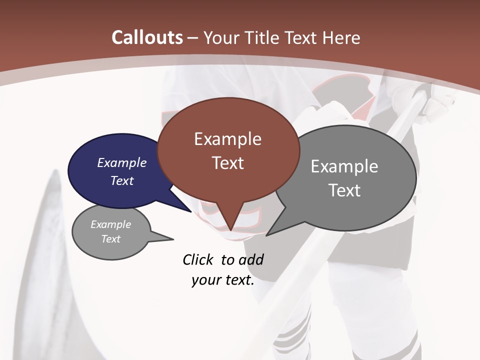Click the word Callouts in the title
coord(147,37)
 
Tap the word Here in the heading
coord(342,37)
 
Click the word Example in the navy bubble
coord(121,162)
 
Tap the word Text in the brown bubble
coord(227,163)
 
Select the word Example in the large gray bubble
coord(344,166)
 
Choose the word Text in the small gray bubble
coord(111,239)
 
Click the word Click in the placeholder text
coord(199,259)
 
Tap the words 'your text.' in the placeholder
coord(222,280)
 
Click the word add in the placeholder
coord(250,259)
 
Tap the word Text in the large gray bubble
coord(344,190)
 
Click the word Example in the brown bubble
coord(227,139)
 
